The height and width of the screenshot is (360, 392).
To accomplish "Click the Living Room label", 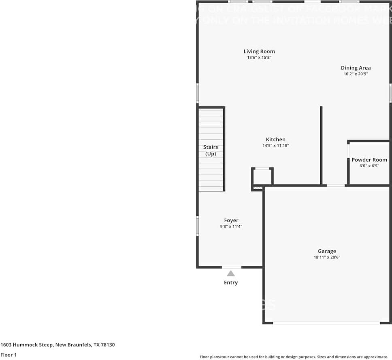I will pyautogui.click(x=259, y=51).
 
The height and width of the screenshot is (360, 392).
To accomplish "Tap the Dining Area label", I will pyautogui.click(x=356, y=68).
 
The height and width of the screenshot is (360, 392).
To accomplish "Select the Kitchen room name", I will pyautogui.click(x=275, y=140).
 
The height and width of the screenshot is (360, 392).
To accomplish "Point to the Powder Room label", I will pyautogui.click(x=369, y=160).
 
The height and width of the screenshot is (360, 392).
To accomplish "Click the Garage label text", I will pyautogui.click(x=327, y=251).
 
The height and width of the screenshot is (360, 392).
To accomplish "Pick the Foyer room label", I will pyautogui.click(x=231, y=221).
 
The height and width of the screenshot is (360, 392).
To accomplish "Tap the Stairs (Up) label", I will pyautogui.click(x=211, y=150).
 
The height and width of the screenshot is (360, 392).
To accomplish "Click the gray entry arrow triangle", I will pyautogui.click(x=231, y=274).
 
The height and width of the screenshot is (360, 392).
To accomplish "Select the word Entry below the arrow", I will pyautogui.click(x=231, y=283).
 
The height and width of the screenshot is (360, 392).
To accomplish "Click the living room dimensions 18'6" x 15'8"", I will pyautogui.click(x=259, y=58).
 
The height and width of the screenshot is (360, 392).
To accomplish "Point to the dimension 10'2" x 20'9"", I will pyautogui.click(x=356, y=74).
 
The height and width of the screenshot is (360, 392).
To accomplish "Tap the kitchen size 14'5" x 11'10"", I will pyautogui.click(x=275, y=146).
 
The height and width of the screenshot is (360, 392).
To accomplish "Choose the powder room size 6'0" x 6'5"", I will pyautogui.click(x=369, y=166).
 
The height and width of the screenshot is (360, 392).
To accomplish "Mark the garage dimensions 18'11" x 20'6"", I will pyautogui.click(x=327, y=257).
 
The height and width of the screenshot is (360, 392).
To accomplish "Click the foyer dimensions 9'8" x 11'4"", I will pyautogui.click(x=231, y=227).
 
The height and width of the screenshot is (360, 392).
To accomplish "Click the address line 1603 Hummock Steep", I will pyautogui.click(x=58, y=345).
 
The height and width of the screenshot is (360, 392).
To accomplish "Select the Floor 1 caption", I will pyautogui.click(x=9, y=355).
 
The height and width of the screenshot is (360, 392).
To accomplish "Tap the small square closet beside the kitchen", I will pyautogui.click(x=262, y=177).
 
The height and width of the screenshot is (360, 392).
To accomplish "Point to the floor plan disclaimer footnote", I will pyautogui.click(x=294, y=357).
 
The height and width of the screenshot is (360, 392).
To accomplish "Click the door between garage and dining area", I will pyautogui.click(x=336, y=185).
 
